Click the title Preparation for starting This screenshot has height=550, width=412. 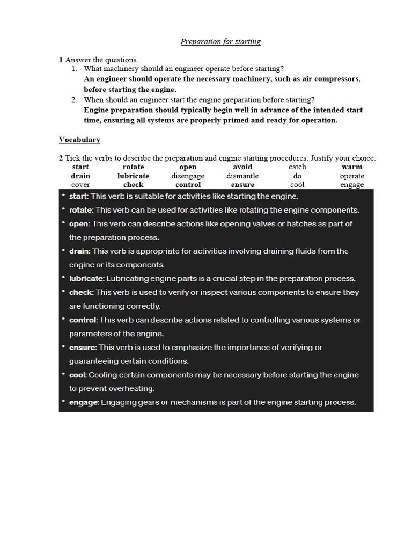(220, 41)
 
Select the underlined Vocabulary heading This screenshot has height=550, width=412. (79, 140)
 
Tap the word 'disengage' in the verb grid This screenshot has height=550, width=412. (188, 176)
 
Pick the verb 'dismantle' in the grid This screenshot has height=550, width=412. (242, 176)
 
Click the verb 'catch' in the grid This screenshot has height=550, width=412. (297, 167)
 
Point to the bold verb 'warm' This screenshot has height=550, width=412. (352, 167)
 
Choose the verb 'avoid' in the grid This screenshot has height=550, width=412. (242, 167)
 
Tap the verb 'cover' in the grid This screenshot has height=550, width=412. (80, 185)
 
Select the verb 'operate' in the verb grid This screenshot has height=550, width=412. (352, 176)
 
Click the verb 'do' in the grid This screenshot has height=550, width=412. (297, 176)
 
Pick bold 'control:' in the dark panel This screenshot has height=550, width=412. (83, 320)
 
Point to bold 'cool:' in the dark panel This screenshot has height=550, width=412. (78, 375)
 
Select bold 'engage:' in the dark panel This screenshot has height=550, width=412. (84, 402)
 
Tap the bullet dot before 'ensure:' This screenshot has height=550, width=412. (63, 347)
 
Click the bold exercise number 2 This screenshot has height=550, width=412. (61, 158)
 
